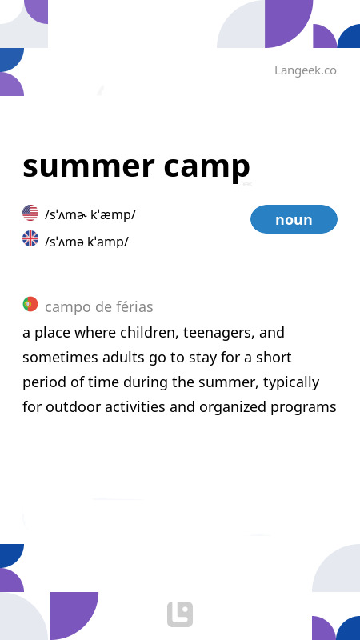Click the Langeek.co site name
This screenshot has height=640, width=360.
(x=306, y=70)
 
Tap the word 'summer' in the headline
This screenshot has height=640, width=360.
(x=89, y=166)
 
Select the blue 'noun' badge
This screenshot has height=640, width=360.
(x=294, y=219)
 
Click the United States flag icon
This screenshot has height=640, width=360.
(x=30, y=213)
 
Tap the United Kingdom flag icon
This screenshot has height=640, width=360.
(x=30, y=238)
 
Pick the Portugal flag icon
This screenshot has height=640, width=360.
(x=30, y=304)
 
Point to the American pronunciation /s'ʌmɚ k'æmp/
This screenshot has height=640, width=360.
(x=90, y=214)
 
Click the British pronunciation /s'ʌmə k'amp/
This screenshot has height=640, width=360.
(x=86, y=242)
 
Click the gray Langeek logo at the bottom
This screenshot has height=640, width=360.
(x=180, y=614)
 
